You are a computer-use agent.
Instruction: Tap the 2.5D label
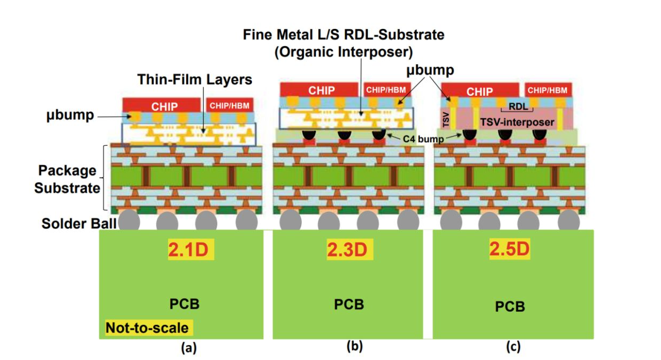510,249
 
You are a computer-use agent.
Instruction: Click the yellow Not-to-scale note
148,327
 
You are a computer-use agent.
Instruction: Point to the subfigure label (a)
188,348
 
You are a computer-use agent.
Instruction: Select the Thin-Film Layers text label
194,80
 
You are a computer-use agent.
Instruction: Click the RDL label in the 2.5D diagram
517,106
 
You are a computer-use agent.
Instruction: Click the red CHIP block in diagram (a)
164,106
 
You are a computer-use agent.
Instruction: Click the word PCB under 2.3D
349,304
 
